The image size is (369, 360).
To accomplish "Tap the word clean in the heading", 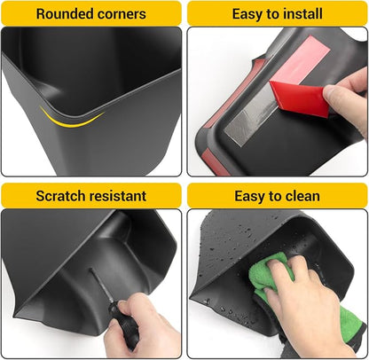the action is tap(301, 196).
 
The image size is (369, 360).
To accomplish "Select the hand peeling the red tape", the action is tap(348, 98).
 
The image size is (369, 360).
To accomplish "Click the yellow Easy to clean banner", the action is tap(277, 195).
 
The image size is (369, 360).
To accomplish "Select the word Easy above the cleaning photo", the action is tap(248, 197).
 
